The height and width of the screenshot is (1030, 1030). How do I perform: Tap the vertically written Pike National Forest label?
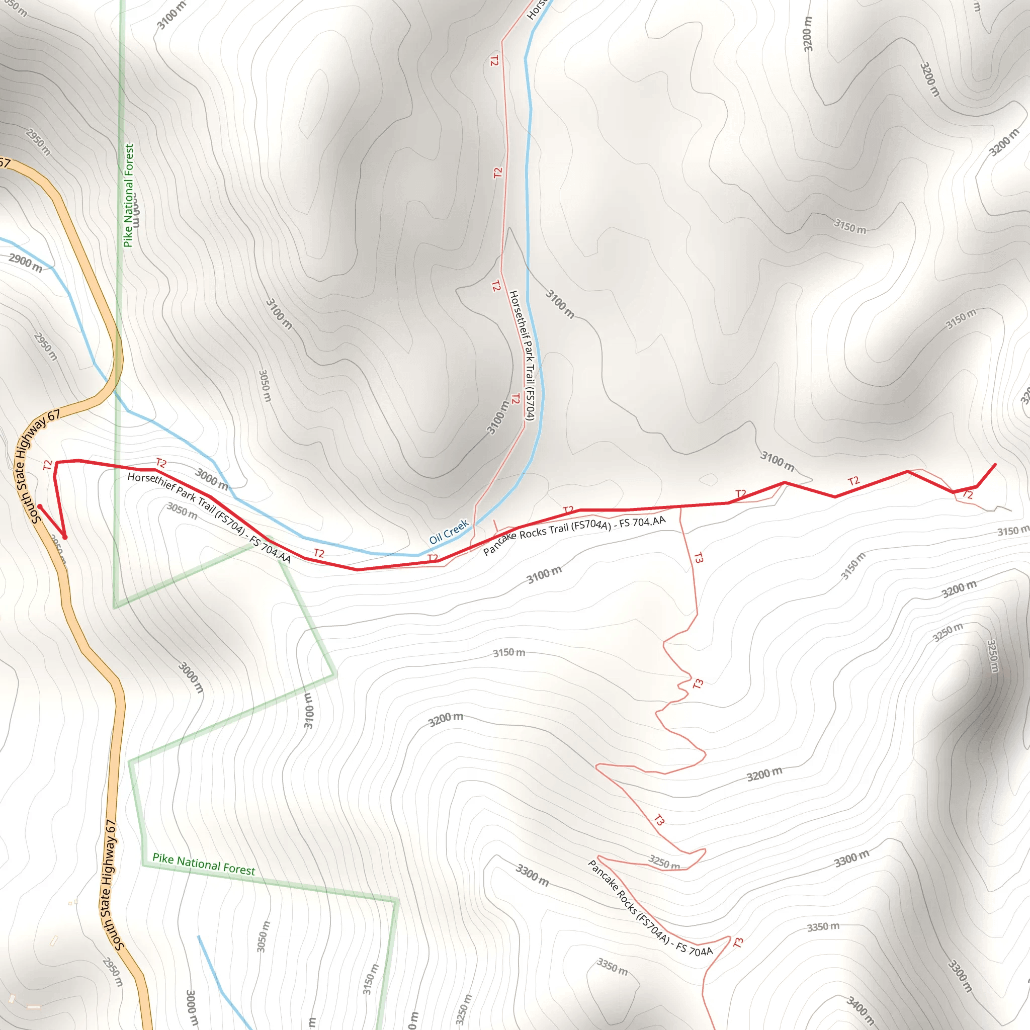pyautogui.click(x=128, y=196)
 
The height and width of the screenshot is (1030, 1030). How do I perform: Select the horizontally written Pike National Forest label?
pyautogui.click(x=204, y=864)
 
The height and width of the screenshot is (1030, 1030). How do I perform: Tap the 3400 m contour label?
pyautogui.click(x=860, y=1012)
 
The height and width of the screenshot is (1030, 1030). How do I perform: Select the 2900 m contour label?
pyautogui.click(x=26, y=263)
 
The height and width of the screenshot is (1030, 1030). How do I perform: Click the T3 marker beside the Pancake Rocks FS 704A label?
pyautogui.click(x=738, y=942)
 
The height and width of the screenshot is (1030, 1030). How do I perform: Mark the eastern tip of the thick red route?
pyautogui.click(x=995, y=465)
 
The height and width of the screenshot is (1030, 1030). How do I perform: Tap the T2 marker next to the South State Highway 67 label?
pyautogui.click(x=47, y=465)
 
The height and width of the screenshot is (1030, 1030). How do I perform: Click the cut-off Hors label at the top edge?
pyautogui.click(x=536, y=10)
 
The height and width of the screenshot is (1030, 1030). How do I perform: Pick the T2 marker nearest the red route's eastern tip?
pyautogui.click(x=967, y=495)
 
